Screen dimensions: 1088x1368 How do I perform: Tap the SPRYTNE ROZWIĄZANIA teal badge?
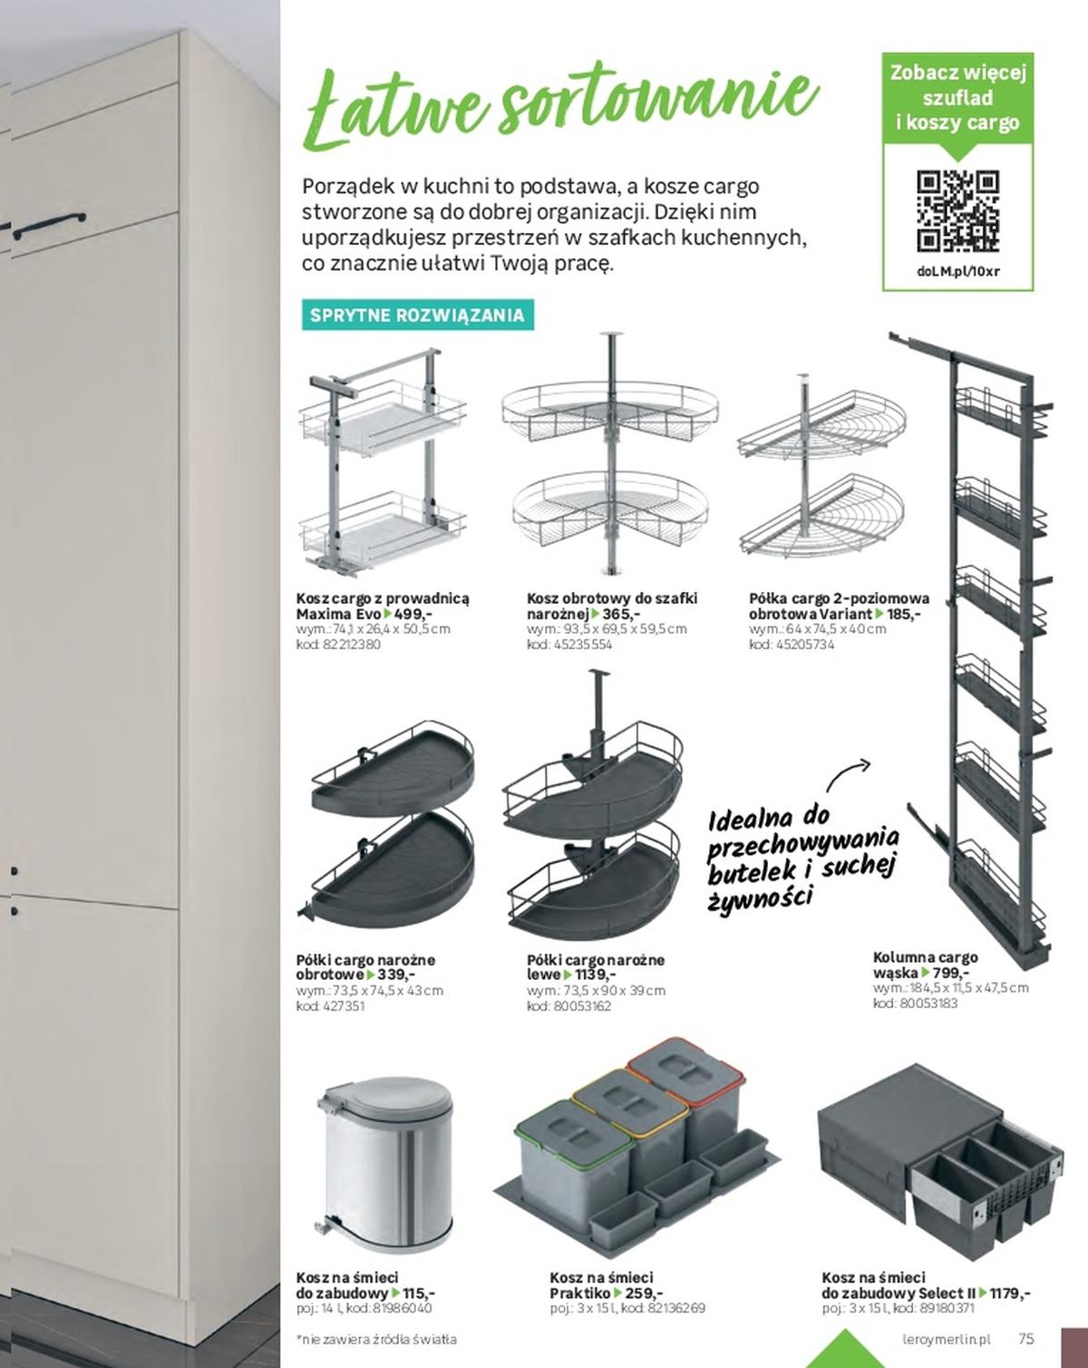(x=417, y=315)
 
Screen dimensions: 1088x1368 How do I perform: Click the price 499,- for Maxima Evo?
(x=414, y=614)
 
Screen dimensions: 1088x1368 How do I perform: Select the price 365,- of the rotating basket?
(x=621, y=614)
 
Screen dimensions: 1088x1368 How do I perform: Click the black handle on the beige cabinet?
(x=50, y=225)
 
